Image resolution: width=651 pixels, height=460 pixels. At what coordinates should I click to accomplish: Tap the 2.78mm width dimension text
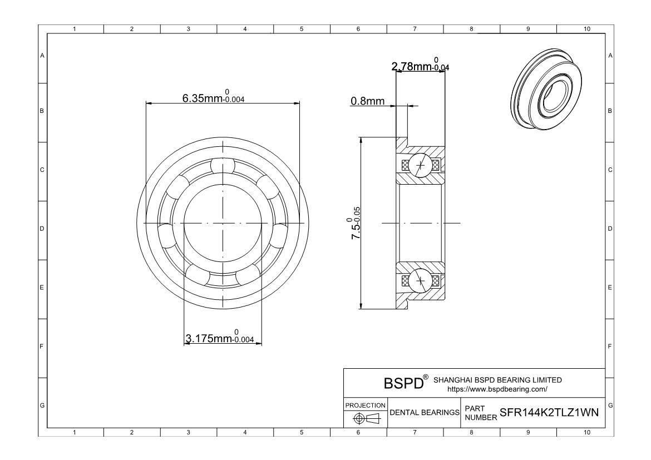(x=420, y=65)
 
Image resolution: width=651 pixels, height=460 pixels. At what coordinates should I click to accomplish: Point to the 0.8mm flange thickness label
(x=367, y=101)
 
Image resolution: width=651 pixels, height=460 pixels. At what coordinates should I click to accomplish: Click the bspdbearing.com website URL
(x=497, y=389)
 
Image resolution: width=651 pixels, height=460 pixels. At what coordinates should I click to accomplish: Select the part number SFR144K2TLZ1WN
(x=549, y=412)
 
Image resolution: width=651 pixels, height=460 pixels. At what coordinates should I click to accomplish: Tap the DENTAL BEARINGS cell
(x=425, y=413)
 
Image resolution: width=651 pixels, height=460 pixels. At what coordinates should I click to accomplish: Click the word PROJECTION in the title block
(x=366, y=405)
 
